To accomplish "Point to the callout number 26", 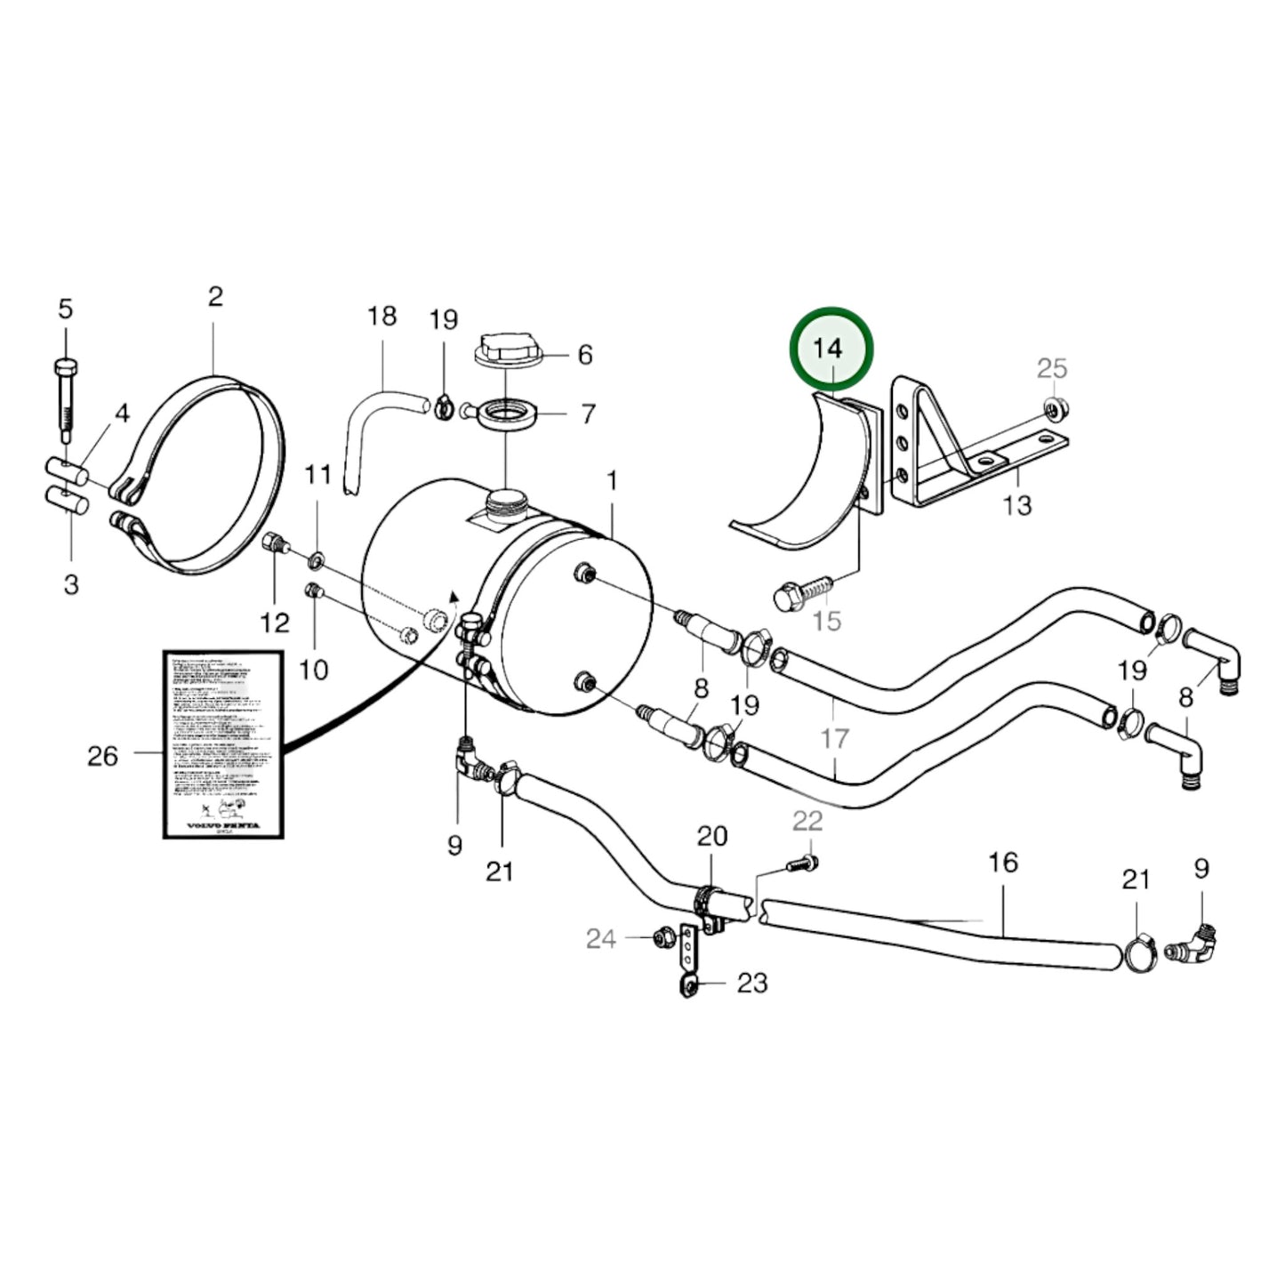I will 102,756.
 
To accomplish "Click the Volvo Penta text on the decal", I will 223,825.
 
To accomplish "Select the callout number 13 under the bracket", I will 1016,505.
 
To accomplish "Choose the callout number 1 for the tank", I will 612,481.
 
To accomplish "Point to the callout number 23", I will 751,983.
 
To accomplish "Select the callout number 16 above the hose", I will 1002,862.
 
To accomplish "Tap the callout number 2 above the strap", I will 215,296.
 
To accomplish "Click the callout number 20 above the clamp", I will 711,836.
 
